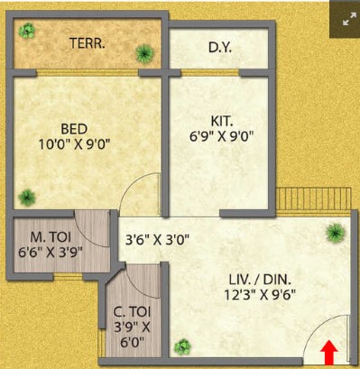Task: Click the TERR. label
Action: point(88,43)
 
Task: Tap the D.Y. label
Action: point(220,48)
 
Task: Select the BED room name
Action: point(74,129)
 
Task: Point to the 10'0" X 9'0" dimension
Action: point(74,144)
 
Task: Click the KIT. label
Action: point(222,121)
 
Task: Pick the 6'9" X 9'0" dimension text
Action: point(222,136)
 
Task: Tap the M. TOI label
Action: point(51,237)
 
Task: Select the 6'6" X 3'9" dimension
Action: point(51,253)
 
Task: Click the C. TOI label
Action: point(132,312)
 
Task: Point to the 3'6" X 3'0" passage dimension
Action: point(157,240)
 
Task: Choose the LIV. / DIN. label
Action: point(260,280)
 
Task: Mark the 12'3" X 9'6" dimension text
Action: point(260,295)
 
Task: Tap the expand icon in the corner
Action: point(349,22)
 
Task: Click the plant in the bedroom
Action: point(27,198)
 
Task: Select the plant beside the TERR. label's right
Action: point(144,53)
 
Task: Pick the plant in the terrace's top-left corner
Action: point(27,31)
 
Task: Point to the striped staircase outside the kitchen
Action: point(314,198)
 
